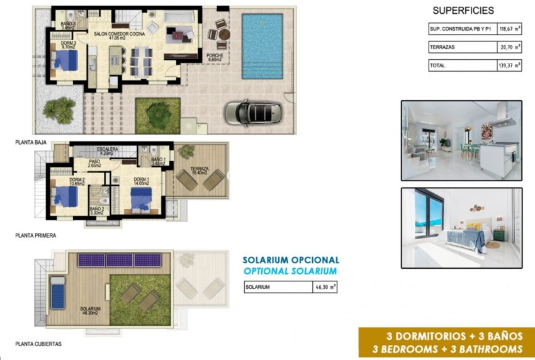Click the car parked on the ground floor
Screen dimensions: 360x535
[251, 113]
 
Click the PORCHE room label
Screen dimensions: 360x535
[215, 58]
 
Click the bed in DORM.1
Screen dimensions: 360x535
[142, 200]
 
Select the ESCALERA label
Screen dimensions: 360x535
[108, 150]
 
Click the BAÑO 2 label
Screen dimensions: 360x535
[96, 209]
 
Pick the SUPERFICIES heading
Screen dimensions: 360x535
[463, 10]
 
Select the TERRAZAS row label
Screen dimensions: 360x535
[442, 47]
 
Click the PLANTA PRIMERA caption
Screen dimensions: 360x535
[36, 236]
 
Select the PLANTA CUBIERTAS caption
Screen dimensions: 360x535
[38, 344]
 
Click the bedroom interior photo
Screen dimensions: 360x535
[461, 228]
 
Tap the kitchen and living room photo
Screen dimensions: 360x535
[461, 140]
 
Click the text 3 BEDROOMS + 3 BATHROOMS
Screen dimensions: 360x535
[448, 349]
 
